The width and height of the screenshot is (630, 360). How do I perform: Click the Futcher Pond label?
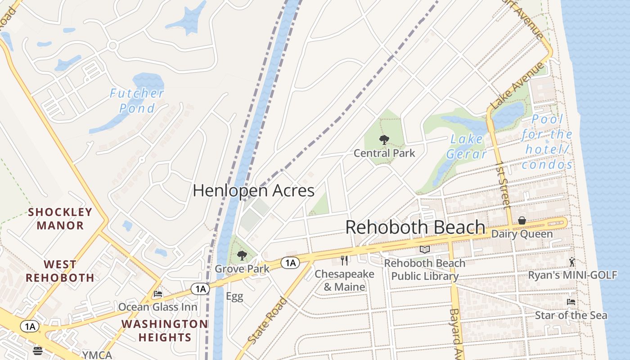137,100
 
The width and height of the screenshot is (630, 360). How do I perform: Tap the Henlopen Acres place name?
253,190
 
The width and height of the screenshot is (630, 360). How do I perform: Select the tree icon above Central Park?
384,140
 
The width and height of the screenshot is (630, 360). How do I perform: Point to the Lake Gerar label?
467,147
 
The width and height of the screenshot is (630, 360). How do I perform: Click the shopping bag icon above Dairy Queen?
522,220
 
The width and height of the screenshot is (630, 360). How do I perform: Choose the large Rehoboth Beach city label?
415,227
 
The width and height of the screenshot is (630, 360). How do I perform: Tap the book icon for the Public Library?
425,249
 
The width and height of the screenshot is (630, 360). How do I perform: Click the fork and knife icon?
345,260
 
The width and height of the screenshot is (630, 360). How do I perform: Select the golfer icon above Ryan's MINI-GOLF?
572,262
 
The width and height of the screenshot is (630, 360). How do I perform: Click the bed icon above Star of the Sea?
571,301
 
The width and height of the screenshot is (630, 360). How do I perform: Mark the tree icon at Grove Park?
242,256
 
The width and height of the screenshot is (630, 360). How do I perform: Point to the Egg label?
234,297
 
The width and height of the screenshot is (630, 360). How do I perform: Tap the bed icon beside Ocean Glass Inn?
158,294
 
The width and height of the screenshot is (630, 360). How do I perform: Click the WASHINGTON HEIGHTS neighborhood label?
164,330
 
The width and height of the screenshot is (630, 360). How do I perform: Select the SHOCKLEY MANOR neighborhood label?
60,219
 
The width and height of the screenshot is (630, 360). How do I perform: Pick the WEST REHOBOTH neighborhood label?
60,271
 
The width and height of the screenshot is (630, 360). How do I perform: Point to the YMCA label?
97,355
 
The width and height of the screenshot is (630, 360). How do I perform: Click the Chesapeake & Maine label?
344,280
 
